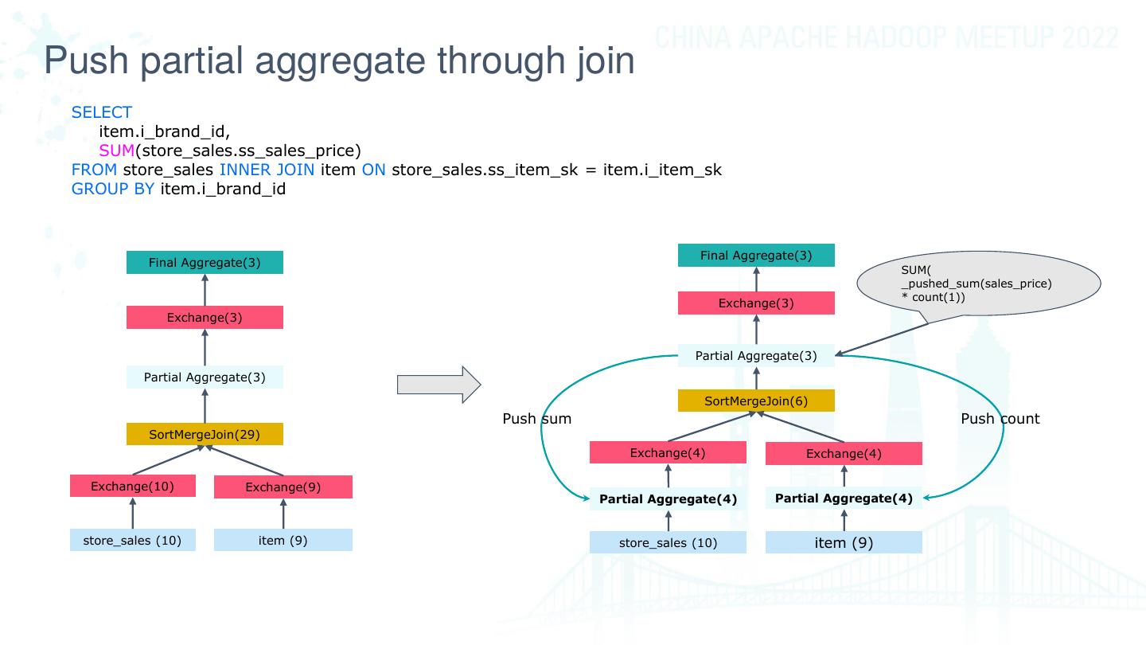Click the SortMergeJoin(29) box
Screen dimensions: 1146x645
205,434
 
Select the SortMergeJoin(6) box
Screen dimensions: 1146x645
756,401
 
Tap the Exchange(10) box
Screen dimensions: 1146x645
132,486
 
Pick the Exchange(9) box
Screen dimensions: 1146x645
283,487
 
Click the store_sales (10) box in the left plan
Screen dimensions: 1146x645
132,540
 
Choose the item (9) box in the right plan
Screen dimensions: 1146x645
844,542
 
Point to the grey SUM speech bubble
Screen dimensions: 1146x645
978,284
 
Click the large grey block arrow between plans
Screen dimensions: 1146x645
439,385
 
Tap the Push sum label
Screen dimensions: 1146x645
536,419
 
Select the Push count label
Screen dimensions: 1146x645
1000,419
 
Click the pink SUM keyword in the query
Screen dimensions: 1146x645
117,150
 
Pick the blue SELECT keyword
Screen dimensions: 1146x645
102,112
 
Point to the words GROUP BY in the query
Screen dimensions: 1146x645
112,189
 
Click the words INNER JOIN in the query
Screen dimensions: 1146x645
267,170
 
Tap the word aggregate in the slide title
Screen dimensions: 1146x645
341,61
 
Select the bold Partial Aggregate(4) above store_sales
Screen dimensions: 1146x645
668,499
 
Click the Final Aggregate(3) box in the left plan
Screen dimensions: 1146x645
205,263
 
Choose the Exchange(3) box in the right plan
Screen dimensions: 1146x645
756,303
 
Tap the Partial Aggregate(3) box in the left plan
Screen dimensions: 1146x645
205,377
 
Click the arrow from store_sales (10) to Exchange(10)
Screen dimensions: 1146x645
133,513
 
